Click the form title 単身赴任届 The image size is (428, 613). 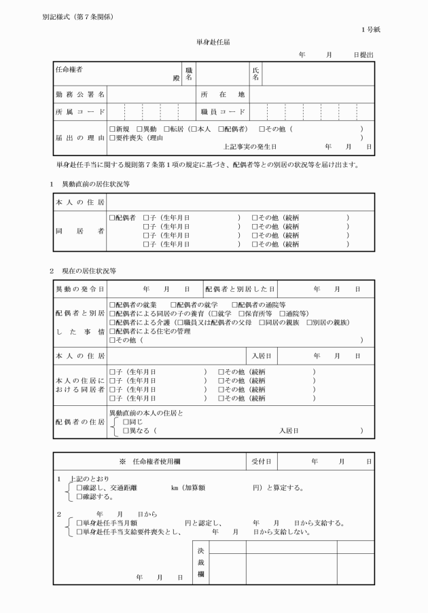tap(213, 42)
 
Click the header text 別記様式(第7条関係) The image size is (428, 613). tap(77, 16)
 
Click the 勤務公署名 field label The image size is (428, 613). tap(79, 94)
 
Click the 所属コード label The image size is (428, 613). tap(79, 111)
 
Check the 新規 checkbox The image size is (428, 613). tap(112, 129)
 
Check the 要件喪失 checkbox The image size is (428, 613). tap(112, 138)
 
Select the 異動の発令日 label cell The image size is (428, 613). tap(79, 289)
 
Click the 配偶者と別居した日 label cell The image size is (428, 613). tap(240, 289)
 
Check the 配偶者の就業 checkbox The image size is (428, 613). tap(112, 305)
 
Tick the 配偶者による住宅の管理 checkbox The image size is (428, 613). tap(112, 331)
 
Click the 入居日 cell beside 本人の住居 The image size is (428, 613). tap(262, 356)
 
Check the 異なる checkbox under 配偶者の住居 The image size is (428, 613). tap(126, 430)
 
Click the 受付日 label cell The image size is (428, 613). tap(262, 461)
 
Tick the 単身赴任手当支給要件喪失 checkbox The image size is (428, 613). tap(79, 532)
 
